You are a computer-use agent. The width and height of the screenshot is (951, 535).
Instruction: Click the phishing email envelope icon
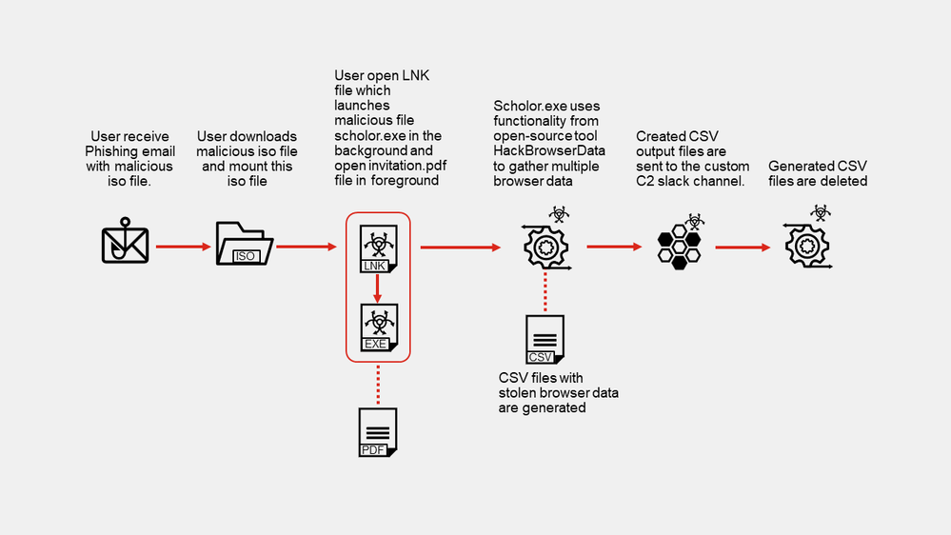point(126,243)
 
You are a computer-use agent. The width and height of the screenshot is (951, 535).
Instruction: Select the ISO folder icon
point(245,245)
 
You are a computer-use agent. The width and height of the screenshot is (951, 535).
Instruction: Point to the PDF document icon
point(378,432)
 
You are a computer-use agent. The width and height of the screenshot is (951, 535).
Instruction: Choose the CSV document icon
point(545,340)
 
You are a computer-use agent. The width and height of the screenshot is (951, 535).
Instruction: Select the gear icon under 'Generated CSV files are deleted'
point(804,246)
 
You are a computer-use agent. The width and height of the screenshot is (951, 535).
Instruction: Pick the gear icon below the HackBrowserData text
point(545,246)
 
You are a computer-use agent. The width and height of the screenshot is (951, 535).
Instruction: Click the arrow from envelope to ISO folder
point(182,248)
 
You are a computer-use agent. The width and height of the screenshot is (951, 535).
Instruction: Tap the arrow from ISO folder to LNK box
point(304,248)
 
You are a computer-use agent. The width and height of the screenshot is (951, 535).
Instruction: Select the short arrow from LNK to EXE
point(378,290)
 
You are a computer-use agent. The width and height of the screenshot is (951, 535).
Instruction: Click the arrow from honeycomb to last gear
point(742,248)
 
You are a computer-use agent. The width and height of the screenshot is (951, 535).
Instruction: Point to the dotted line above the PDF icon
point(378,385)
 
